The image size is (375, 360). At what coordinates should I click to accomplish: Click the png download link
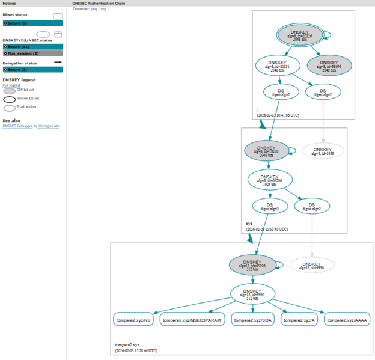click(94, 10)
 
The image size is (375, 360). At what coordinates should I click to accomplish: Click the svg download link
click(103, 10)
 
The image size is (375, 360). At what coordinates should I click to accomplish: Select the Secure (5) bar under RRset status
click(32, 23)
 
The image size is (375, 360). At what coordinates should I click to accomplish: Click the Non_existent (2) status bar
click(32, 53)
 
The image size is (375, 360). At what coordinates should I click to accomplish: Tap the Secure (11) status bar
click(32, 46)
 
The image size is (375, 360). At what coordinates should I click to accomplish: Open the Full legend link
click(11, 85)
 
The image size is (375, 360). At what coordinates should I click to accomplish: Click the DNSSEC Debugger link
click(17, 126)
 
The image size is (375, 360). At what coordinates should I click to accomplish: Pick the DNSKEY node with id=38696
click(329, 65)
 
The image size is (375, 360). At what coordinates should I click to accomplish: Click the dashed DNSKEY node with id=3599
click(323, 151)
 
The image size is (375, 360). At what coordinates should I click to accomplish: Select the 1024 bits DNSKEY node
click(269, 180)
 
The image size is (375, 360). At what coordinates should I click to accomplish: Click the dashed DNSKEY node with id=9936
click(311, 266)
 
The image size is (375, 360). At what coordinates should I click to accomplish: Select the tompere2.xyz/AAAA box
click(349, 320)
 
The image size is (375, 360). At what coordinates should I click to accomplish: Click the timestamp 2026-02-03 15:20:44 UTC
click(136, 350)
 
